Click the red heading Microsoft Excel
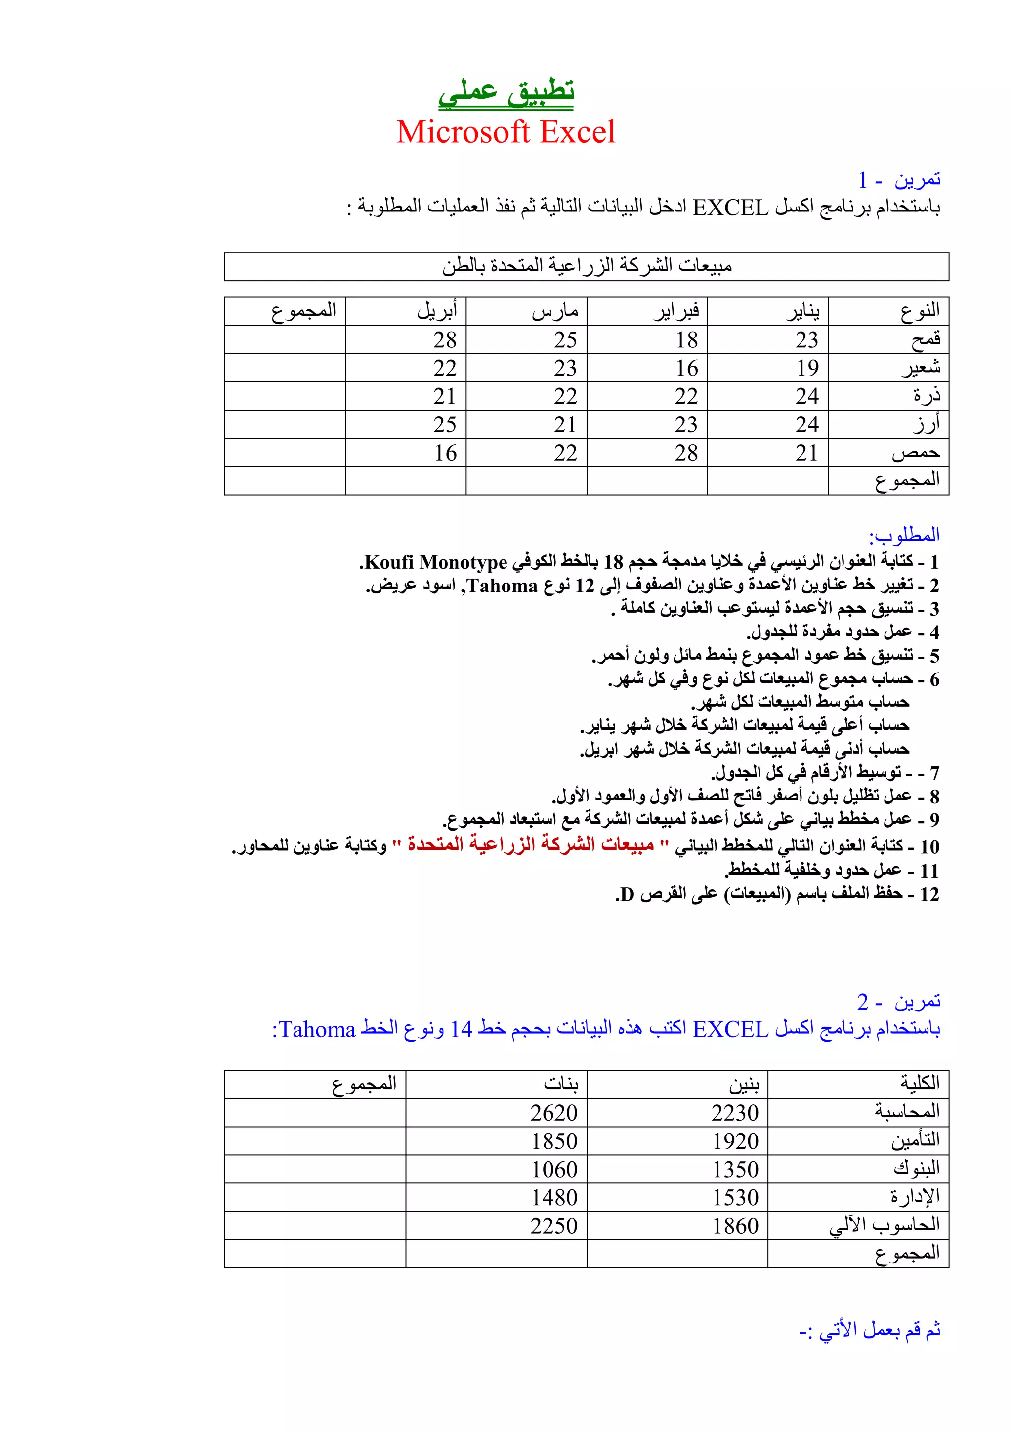click(x=506, y=132)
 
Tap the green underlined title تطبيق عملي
click(x=506, y=92)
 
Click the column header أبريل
click(x=437, y=310)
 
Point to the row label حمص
click(x=916, y=453)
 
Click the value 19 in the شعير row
click(x=807, y=368)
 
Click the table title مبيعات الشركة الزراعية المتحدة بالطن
click(x=587, y=266)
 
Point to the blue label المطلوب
click(x=904, y=535)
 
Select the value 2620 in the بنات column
click(x=554, y=1112)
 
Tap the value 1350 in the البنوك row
click(x=735, y=1169)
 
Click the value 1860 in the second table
click(x=735, y=1225)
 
